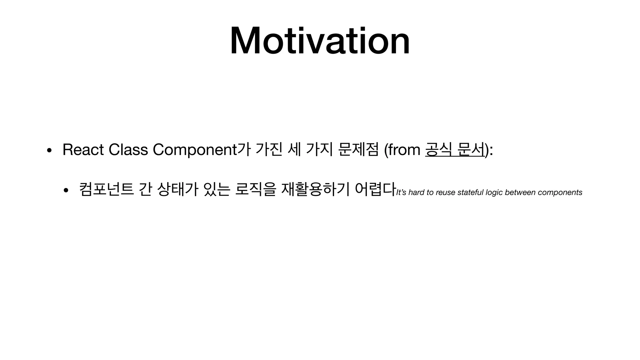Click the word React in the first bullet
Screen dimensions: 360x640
83,149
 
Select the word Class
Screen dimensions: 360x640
128,149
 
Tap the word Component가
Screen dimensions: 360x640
202,149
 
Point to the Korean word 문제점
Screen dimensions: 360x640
358,149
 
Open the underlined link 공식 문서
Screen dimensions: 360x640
455,149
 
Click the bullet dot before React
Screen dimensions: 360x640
49,150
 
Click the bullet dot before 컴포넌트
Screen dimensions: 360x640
66,190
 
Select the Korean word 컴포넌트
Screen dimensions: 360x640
107,189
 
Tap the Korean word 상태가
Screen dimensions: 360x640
177,189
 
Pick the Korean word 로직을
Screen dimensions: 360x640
255,189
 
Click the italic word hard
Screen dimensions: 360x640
416,192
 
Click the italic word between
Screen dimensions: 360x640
520,192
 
